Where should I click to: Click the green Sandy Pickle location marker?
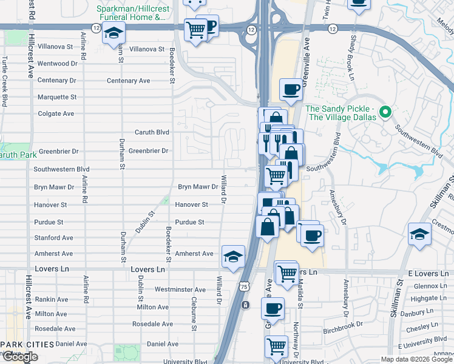click(384, 112)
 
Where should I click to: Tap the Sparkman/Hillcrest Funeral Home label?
click(131, 13)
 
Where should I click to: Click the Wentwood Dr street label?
click(57, 63)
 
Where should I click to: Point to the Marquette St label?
click(57, 97)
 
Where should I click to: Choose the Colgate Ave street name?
click(56, 113)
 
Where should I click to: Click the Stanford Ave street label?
click(55, 238)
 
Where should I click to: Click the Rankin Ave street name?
click(52, 299)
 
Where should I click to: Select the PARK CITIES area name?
click(28, 345)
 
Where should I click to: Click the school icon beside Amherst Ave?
click(233, 257)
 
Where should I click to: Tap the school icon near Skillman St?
click(419, 234)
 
